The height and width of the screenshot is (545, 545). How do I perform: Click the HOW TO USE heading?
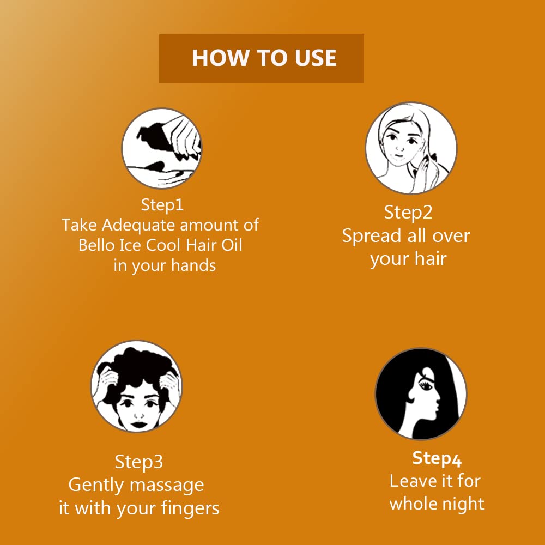[x=264, y=58]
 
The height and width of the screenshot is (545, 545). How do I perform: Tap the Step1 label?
[x=162, y=205]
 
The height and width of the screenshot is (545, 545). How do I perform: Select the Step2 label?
[x=408, y=213]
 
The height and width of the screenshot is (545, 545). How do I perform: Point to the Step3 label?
[x=138, y=462]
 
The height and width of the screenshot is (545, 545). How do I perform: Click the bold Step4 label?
[x=437, y=459]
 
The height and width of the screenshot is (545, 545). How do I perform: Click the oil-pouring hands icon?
[x=162, y=148]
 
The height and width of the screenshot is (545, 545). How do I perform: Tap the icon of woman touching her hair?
[x=411, y=148]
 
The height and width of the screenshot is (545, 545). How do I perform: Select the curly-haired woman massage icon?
[x=137, y=386]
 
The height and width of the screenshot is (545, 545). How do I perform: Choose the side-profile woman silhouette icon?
[x=421, y=394]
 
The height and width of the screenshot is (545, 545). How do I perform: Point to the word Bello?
[x=96, y=245]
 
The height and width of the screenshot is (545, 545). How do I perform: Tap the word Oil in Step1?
[x=232, y=245]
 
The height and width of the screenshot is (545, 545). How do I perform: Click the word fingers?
[x=190, y=509]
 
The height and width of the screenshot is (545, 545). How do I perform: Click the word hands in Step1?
[x=193, y=265]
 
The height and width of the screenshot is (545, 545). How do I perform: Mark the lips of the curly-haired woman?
[x=138, y=425]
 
